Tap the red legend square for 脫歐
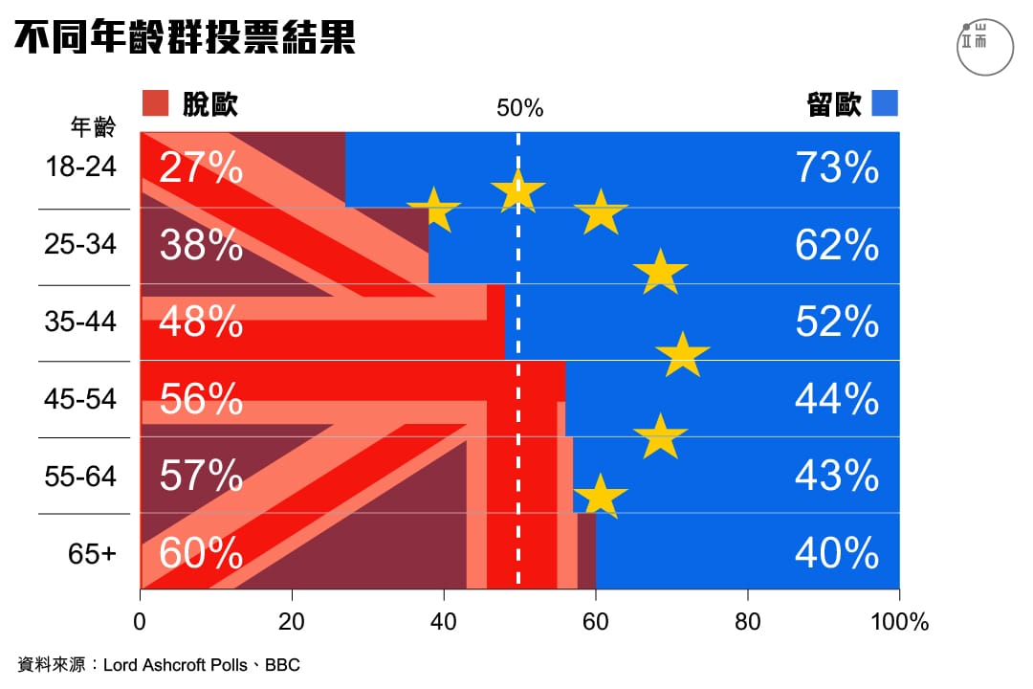click(155, 102)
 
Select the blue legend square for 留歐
click(885, 102)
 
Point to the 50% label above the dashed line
click(519, 108)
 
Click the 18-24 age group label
click(80, 167)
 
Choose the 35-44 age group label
click(80, 321)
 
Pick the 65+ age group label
click(92, 552)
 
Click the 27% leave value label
click(201, 168)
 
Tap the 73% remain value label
click(837, 168)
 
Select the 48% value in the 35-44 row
click(201, 322)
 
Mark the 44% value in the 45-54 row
click(837, 399)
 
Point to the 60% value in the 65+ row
click(201, 553)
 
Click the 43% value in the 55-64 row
click(837, 476)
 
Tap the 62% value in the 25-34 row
click(837, 246)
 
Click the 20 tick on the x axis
click(292, 622)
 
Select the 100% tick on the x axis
click(898, 622)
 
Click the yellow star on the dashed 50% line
click(517, 190)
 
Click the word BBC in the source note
click(282, 664)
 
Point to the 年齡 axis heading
click(92, 127)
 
